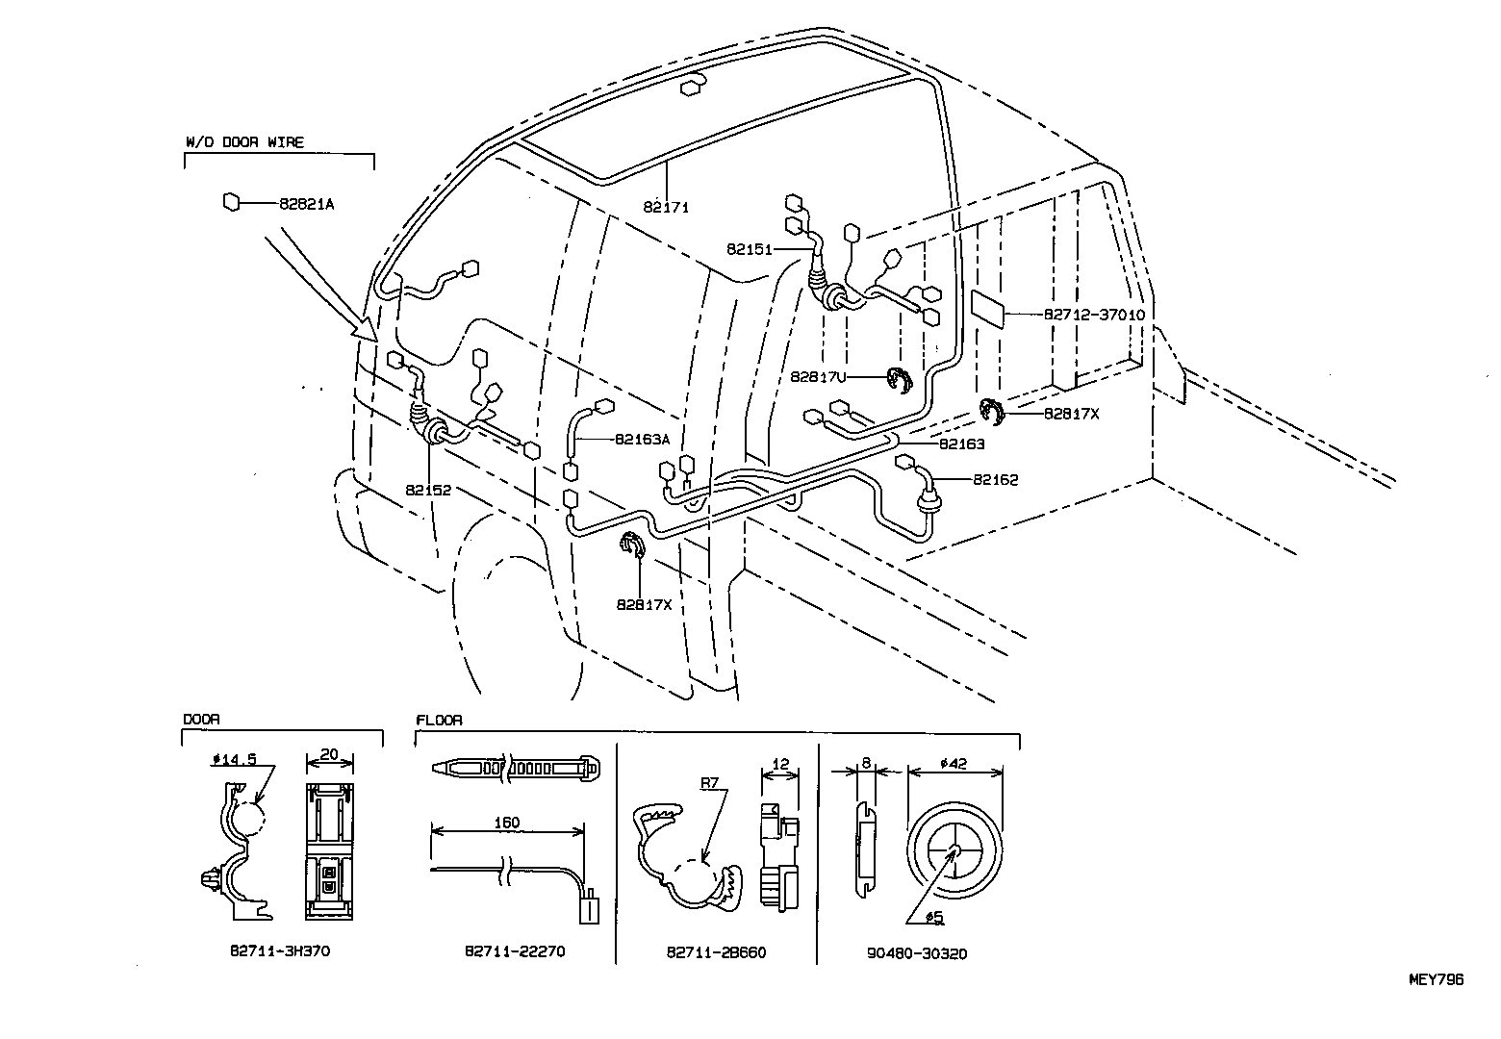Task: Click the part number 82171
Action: pos(667,207)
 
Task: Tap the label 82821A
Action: pos(306,204)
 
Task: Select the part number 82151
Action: pos(750,248)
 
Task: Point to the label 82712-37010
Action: pos(1094,315)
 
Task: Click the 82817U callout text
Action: pos(817,377)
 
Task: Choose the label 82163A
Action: pos(642,439)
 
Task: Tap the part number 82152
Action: pos(428,490)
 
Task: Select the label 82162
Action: pos(995,479)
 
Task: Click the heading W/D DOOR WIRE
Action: pos(244,142)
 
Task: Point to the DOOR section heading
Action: pos(201,720)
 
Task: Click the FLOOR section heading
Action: pos(439,720)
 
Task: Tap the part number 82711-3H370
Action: pos(281,950)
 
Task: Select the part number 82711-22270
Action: pos(515,950)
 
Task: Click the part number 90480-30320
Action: pos(917,953)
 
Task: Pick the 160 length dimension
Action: pos(506,823)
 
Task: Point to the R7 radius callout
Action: pos(710,784)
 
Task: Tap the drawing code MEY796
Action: pos(1436,979)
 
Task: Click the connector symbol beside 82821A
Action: pos(231,203)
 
